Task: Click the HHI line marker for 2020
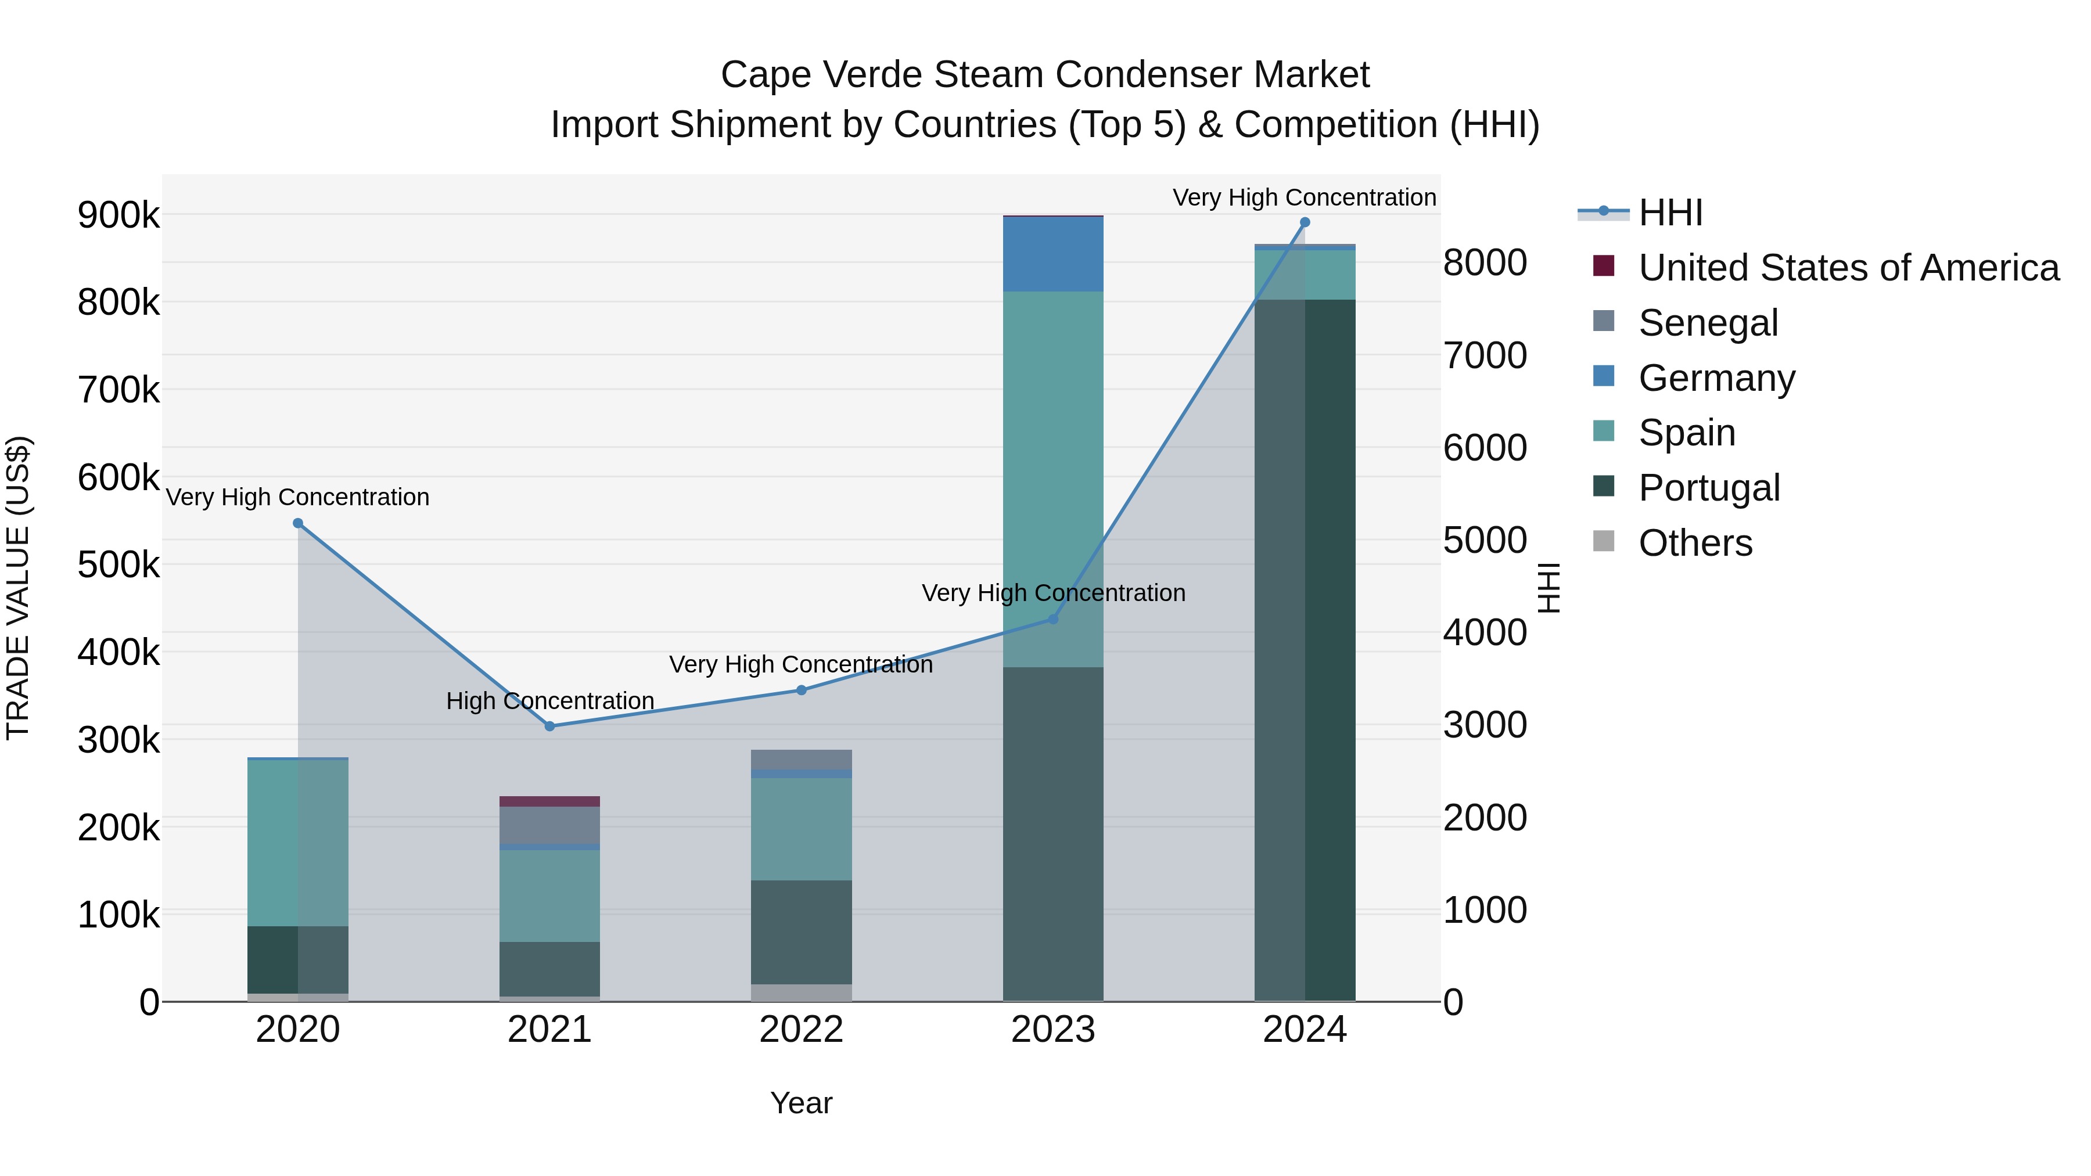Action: coord(298,523)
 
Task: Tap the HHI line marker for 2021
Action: coord(549,727)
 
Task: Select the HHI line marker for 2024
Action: coord(1305,222)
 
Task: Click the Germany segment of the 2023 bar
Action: coord(1053,254)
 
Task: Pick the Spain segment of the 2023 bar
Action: coord(1053,479)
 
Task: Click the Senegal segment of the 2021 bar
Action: coord(549,825)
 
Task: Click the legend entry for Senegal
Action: coord(1708,323)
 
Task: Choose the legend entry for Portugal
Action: coord(1709,488)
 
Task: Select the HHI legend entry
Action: coord(1670,213)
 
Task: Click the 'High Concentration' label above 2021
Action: coord(549,700)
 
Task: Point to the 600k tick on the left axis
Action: coord(118,477)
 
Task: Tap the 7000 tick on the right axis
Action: coord(1485,355)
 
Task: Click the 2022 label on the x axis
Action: coord(801,1030)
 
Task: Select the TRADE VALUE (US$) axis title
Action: coord(18,588)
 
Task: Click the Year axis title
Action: coord(801,1103)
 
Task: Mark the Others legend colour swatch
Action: coord(1603,541)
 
